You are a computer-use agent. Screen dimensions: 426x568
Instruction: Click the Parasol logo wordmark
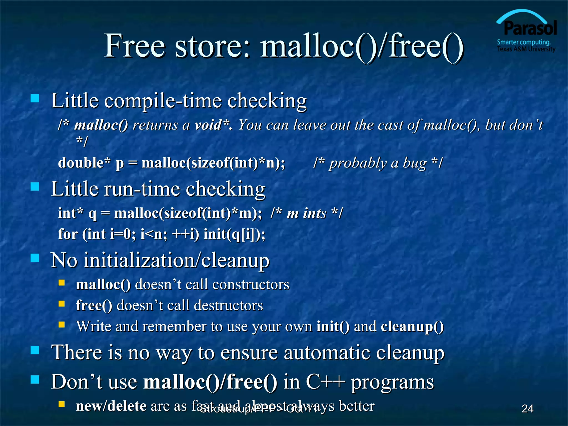point(530,28)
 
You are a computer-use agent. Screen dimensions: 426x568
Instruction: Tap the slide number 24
point(527,409)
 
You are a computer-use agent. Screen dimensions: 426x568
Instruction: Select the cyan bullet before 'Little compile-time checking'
point(35,98)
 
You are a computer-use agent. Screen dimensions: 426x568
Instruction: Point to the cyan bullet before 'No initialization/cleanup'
point(35,258)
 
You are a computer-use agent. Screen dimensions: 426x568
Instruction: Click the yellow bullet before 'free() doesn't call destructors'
point(62,304)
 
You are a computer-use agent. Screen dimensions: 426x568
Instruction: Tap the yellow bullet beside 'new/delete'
point(62,404)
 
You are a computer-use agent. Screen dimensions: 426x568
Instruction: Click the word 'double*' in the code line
point(84,163)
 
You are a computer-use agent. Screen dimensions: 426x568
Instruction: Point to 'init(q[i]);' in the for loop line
point(234,234)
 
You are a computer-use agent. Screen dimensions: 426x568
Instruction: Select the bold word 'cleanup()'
point(412,326)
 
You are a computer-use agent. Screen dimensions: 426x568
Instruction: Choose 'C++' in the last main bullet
point(325,382)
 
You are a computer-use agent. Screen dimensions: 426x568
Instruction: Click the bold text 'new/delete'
point(111,406)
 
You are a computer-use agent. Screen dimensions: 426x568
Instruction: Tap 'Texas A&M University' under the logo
point(526,49)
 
